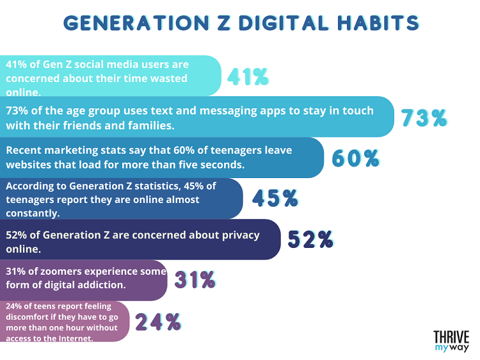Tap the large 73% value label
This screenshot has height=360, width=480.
424,118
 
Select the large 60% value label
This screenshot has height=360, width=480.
356,158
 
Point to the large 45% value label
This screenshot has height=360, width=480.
275,199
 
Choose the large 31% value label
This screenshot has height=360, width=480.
195,280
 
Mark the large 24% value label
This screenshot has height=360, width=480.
157,322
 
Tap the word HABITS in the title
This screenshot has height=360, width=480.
380,22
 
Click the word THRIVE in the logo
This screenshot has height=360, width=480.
451,338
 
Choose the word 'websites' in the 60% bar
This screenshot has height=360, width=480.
29,164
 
